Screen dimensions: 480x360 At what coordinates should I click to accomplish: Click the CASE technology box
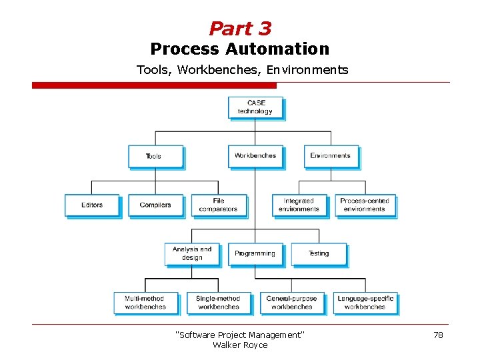[x=255, y=107]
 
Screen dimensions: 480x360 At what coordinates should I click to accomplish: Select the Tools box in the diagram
[x=155, y=156]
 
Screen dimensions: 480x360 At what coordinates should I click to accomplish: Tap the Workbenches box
[x=255, y=156]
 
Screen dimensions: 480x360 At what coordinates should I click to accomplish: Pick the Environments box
[x=331, y=156]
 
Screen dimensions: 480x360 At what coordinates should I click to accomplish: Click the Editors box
[x=92, y=205]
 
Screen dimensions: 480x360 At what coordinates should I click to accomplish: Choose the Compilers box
[x=155, y=205]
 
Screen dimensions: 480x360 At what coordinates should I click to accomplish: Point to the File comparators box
[x=219, y=205]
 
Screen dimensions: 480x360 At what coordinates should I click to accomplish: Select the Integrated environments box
[x=299, y=205]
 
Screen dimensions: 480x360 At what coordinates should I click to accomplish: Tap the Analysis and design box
[x=192, y=253]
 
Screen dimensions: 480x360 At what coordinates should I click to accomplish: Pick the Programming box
[x=255, y=253]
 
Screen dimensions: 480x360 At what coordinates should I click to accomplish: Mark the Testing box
[x=319, y=253]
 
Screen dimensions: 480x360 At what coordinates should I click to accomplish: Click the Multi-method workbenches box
[x=145, y=303]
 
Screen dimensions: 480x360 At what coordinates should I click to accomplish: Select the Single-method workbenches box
[x=218, y=303]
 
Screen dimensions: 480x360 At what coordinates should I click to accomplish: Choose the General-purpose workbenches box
[x=291, y=303]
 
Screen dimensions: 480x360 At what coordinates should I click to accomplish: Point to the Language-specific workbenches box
[x=365, y=303]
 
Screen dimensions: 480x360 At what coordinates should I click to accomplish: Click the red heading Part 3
[x=240, y=29]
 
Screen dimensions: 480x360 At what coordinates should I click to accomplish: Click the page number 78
[x=438, y=335]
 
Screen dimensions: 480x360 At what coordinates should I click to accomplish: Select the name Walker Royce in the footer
[x=240, y=345]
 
